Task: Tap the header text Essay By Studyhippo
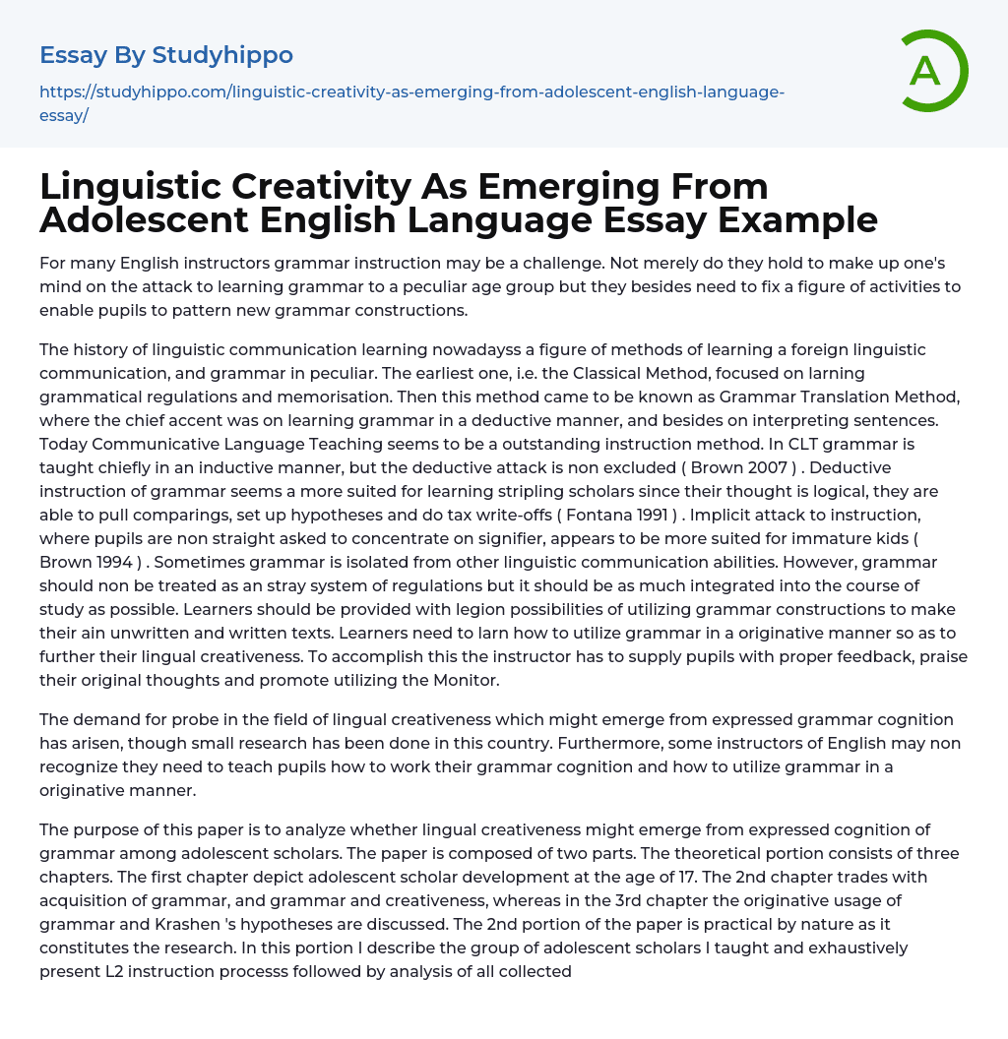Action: (166, 55)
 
